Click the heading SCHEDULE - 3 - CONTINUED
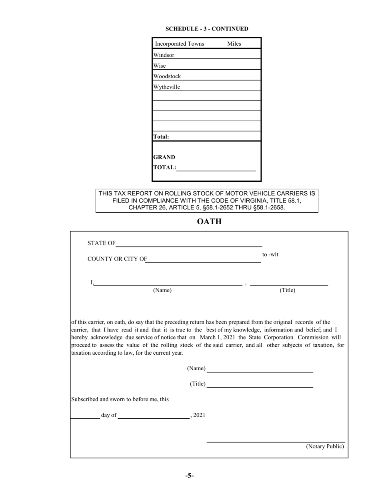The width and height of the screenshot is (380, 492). [x=207, y=29]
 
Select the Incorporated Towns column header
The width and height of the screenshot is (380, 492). [x=179, y=44]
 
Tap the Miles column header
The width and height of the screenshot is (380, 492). [x=234, y=44]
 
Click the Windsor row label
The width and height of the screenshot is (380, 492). [x=164, y=55]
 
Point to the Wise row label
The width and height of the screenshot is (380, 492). [x=159, y=66]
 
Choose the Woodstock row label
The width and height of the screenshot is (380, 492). [x=167, y=76]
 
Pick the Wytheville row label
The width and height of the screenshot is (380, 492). [x=166, y=87]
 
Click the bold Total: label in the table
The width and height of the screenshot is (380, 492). [x=161, y=137]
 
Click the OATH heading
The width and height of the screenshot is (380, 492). [x=209, y=221]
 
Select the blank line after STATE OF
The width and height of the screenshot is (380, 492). [x=189, y=245]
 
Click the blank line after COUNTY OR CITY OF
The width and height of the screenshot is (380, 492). [x=204, y=261]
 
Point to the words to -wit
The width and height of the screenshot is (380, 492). [x=270, y=255]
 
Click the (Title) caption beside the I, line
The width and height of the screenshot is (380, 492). [x=287, y=290]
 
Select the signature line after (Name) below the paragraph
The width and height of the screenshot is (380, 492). [x=260, y=371]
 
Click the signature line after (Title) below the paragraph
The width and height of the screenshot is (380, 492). [x=260, y=386]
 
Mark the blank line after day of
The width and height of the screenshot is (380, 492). [x=154, y=417]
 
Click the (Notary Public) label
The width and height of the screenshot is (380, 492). [x=325, y=446]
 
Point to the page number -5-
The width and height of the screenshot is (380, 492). [x=190, y=476]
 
